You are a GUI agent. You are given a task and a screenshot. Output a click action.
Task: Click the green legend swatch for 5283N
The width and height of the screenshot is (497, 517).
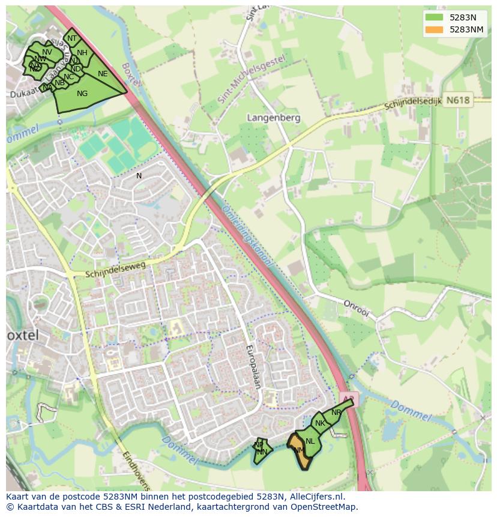click(433, 17)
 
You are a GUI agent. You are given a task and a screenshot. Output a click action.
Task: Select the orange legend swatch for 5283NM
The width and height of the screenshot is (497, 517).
click(433, 29)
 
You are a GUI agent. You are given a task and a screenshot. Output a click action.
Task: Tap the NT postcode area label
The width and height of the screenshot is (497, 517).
click(72, 38)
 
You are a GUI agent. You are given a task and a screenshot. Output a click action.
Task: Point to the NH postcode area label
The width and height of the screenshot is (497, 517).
click(82, 53)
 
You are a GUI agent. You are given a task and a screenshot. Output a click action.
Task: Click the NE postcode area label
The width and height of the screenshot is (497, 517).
click(103, 74)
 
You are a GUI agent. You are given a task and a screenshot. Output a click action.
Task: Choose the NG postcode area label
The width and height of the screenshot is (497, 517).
click(82, 93)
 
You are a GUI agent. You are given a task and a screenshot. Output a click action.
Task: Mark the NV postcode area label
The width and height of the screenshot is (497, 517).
click(47, 52)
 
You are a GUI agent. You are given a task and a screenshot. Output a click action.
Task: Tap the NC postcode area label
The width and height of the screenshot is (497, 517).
click(68, 77)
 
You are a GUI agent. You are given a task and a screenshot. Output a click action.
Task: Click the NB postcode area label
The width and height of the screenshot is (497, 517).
click(59, 83)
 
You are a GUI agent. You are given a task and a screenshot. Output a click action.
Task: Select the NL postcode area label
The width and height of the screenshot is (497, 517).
click(310, 441)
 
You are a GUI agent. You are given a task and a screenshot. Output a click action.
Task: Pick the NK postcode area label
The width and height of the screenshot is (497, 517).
click(320, 423)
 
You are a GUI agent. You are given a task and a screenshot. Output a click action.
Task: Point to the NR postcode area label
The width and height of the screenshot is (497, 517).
click(336, 413)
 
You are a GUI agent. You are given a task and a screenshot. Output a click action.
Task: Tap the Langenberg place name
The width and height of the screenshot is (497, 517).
click(274, 118)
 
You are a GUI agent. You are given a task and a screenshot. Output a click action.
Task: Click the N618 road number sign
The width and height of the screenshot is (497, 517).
click(459, 101)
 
